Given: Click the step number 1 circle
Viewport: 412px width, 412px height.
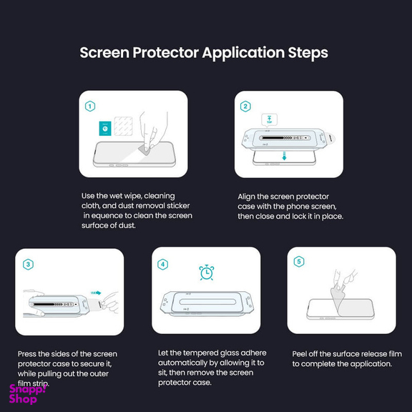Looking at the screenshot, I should [x=90, y=106].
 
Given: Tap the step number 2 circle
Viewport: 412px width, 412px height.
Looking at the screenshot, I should [x=245, y=106].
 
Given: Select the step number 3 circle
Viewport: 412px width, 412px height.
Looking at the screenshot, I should [x=28, y=264].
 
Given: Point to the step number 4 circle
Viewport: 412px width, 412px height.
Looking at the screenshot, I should [x=163, y=264].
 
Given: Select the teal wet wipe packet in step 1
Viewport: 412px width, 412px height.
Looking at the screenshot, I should [x=105, y=129].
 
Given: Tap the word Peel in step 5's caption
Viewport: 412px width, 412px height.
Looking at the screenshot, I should [x=300, y=354].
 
